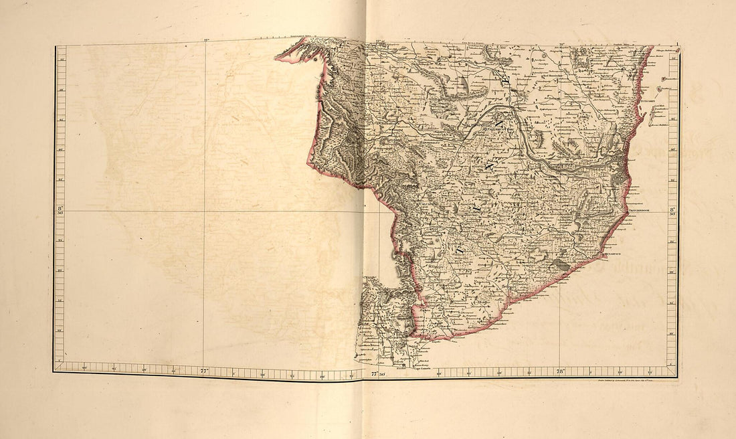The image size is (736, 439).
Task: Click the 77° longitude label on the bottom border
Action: point(204,369)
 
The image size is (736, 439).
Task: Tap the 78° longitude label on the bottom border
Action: point(561,369)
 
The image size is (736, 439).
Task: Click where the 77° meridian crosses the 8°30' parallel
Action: point(204,211)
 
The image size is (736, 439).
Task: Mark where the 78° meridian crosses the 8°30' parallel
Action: point(561,211)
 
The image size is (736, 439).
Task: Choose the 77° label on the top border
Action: point(205,41)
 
